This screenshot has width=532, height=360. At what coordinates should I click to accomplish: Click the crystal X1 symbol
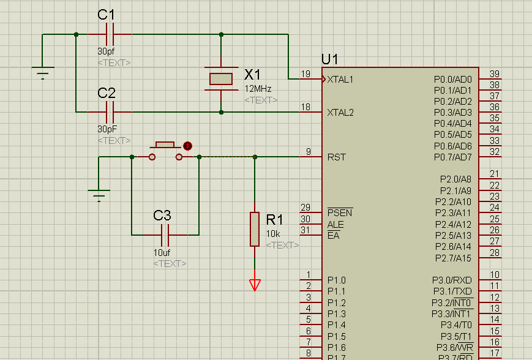point(221,78)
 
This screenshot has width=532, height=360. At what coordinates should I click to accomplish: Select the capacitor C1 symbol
point(110,34)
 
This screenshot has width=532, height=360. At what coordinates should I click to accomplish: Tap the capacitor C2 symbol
point(110,112)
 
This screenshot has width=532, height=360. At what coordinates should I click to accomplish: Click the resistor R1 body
point(255,229)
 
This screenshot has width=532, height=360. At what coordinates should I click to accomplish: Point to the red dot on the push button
point(187,146)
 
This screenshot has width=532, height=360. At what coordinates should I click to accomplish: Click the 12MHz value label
point(258,89)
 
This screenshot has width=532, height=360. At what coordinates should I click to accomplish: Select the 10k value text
point(273,234)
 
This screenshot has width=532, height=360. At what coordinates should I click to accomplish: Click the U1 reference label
point(329,59)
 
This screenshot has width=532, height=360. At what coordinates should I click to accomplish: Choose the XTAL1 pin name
point(340,80)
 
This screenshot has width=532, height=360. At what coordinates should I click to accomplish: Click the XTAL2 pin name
point(340,113)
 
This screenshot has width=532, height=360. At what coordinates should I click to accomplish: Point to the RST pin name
point(337,157)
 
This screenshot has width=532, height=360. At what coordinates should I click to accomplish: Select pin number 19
point(305,74)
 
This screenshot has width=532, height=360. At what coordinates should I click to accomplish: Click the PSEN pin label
point(340,213)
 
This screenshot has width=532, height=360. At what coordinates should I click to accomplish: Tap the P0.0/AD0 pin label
point(453,79)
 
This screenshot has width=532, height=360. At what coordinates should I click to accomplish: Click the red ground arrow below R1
point(255,285)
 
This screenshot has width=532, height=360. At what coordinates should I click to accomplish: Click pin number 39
point(495,74)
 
